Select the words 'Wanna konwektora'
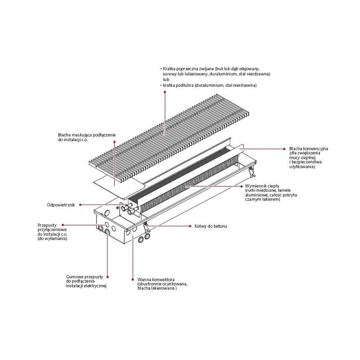[x=153, y=279]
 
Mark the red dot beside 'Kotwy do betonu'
[x=190, y=225]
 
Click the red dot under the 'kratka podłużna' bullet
[x=165, y=91]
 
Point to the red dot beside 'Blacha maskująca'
[x=115, y=142]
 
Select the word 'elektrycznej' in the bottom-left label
[x=94, y=286]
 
